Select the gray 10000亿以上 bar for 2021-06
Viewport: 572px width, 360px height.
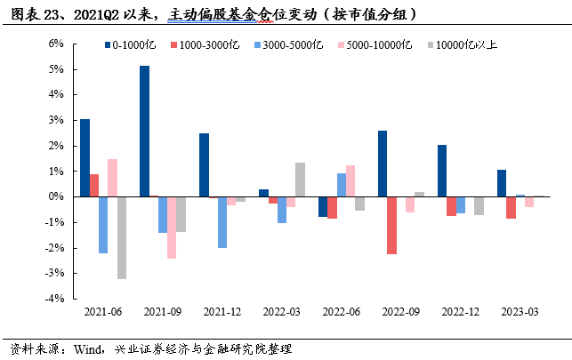(121, 237)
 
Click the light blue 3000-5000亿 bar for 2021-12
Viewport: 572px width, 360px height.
(222, 221)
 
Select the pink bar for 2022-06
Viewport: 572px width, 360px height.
(350, 180)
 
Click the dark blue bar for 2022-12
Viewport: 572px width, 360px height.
(442, 171)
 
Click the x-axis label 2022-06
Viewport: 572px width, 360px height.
(342, 313)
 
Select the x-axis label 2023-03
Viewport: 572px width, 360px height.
(520, 313)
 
